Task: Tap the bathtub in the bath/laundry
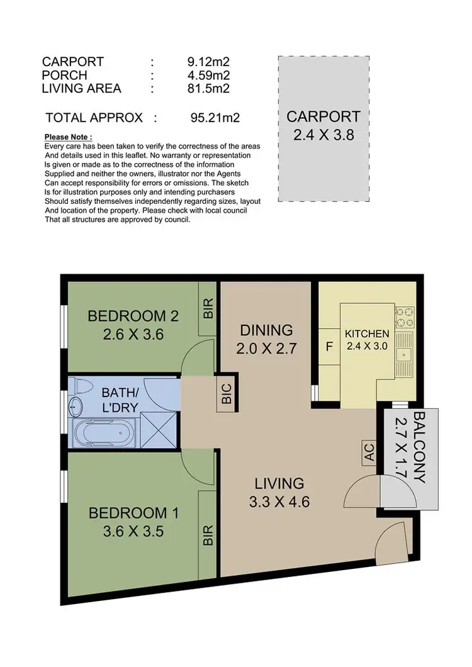[x=104, y=433]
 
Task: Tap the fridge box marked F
[x=329, y=345]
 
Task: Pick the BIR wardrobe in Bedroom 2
[x=209, y=308]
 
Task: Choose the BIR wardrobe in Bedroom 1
[x=209, y=534]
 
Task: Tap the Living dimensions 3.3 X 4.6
[x=279, y=502]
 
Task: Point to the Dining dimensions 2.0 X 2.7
[x=266, y=349]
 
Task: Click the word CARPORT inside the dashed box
[x=323, y=116]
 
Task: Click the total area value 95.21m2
[x=215, y=117]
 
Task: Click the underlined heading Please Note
[x=69, y=137]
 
